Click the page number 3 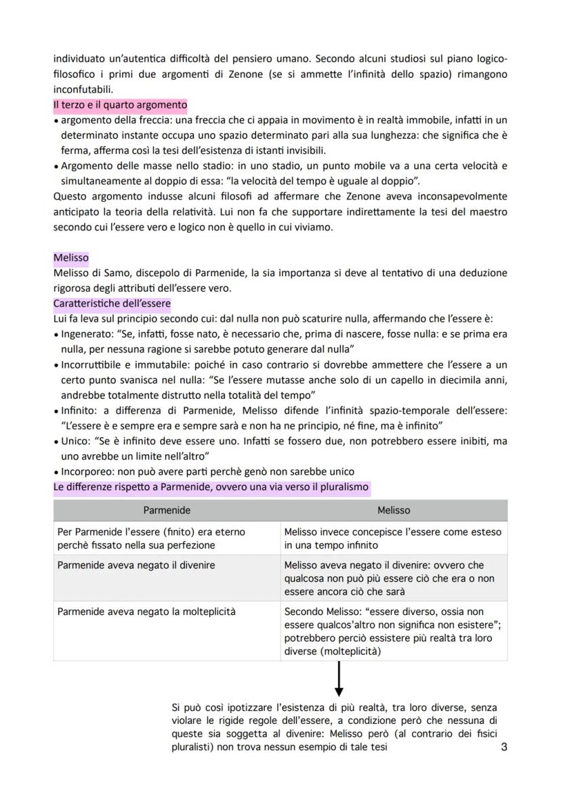coord(503,748)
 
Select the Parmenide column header coord(167,510)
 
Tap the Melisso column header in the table coord(394,510)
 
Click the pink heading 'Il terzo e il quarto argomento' coord(120,105)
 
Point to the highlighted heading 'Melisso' coord(70,258)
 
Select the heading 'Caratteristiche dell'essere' coord(112,303)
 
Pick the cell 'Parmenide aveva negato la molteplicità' coord(146,612)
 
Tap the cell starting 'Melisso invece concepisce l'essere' coord(393,538)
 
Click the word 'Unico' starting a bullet coord(74,441)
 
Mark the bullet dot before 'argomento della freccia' coord(56,121)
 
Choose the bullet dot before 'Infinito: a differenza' coord(56,410)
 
